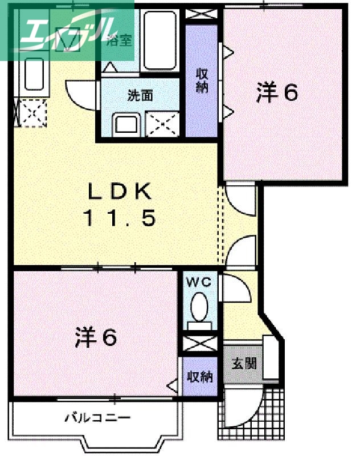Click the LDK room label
pos(120,192)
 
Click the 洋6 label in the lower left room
pos(96,338)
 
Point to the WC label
pos(198,282)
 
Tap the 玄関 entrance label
pos(244,363)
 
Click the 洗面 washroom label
pos(140,95)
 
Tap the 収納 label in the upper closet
pos(202,80)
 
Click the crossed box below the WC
pos(199,344)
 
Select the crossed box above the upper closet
pos(202,14)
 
